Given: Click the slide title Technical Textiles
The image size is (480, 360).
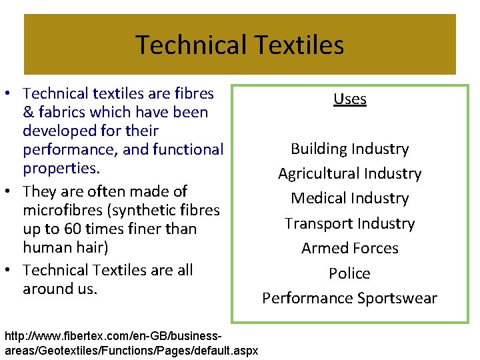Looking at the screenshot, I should (x=240, y=45).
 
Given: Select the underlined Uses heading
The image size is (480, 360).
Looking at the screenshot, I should (x=350, y=99).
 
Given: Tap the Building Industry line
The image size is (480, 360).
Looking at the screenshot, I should (x=350, y=149).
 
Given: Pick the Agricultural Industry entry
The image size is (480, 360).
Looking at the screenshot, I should (x=350, y=174).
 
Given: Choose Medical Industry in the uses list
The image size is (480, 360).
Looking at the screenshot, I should (x=350, y=199).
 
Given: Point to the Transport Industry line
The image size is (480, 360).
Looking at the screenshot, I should (x=350, y=223).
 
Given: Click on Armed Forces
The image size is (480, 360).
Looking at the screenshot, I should (x=350, y=248).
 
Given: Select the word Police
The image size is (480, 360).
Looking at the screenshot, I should (x=350, y=273).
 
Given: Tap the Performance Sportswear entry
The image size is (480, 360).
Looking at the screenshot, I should (x=350, y=298).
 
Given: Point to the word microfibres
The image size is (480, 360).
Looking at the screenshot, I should (x=59, y=210).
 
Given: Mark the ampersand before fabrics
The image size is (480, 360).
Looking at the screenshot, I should (x=28, y=112).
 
